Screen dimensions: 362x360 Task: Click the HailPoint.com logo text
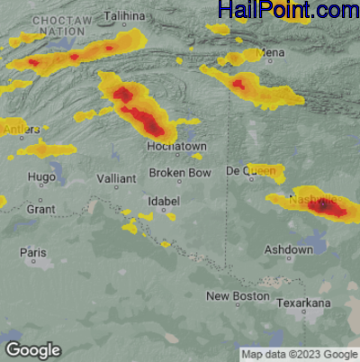(x=288, y=11)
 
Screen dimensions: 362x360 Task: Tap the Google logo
(x=32, y=349)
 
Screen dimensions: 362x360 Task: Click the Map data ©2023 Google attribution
(x=299, y=354)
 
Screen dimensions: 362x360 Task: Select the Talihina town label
(x=124, y=16)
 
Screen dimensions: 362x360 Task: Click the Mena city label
(x=271, y=53)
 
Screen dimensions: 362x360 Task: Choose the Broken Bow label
(x=180, y=172)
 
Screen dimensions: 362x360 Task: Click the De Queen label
(x=244, y=170)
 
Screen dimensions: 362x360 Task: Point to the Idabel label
(x=164, y=200)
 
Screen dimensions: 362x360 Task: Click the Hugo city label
(x=41, y=177)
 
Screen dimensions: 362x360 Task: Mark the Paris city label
(x=33, y=253)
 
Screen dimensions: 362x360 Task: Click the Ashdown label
(x=289, y=249)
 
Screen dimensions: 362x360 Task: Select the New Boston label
(x=238, y=296)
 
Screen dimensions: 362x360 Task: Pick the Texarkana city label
(x=304, y=303)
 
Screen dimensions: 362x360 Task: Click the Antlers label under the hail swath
(x=15, y=129)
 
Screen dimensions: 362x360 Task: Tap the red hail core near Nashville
(x=325, y=207)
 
